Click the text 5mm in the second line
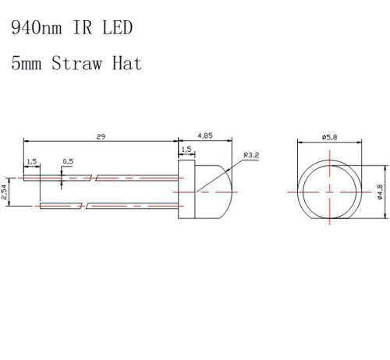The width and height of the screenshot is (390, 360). pyautogui.click(x=27, y=64)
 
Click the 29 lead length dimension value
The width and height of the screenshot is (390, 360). pyautogui.click(x=101, y=136)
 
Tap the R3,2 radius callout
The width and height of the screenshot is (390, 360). pyautogui.click(x=251, y=156)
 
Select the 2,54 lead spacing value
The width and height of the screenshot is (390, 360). pyautogui.click(x=5, y=192)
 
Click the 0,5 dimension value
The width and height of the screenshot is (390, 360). pyautogui.click(x=68, y=161)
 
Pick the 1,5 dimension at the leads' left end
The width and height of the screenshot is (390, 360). pyautogui.click(x=31, y=161)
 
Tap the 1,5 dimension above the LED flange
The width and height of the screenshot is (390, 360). pyautogui.click(x=186, y=150)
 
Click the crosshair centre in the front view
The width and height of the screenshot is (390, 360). pyautogui.click(x=330, y=191)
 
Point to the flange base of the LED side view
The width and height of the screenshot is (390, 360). pyautogui.click(x=186, y=191)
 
